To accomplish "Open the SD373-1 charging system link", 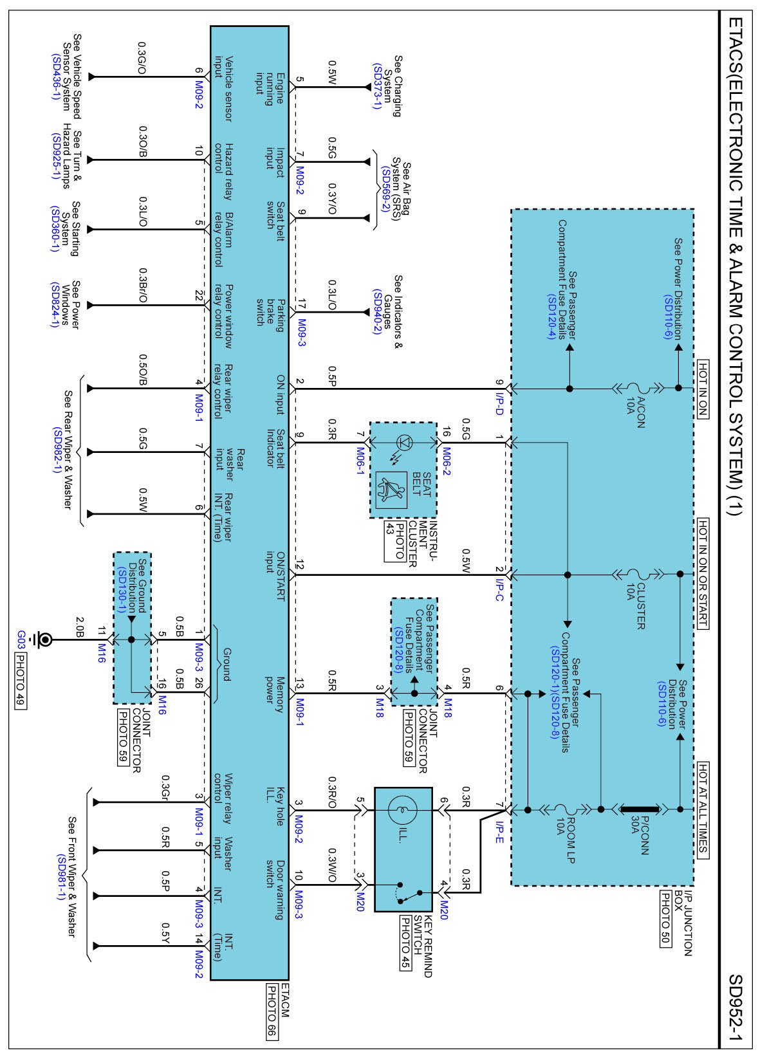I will (376, 86).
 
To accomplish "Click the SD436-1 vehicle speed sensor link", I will (55, 76).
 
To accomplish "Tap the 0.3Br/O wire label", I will (143, 286).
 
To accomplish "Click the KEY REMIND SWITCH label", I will (423, 946).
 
